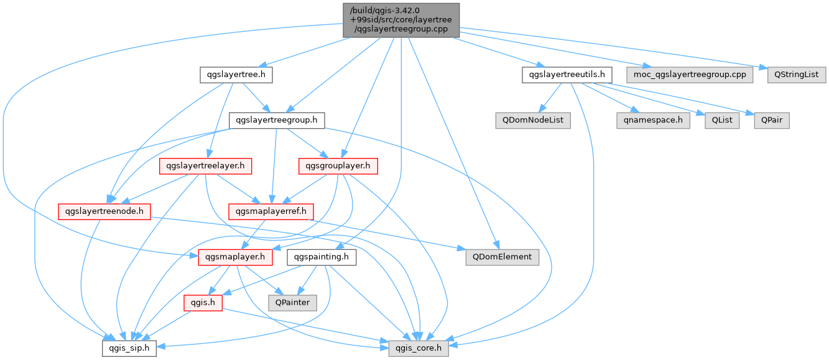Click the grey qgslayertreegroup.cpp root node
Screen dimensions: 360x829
[401, 20]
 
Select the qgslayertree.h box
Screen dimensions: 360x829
[236, 75]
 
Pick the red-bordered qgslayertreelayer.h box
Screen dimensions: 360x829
[205, 166]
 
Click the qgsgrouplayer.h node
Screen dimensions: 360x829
[338, 166]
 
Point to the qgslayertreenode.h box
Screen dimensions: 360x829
[104, 211]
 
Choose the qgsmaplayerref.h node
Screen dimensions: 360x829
[271, 211]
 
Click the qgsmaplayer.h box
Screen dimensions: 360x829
[234, 256]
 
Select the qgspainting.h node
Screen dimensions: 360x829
[322, 256]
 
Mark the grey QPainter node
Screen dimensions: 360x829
[292, 302]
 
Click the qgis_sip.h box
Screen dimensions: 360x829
[129, 348]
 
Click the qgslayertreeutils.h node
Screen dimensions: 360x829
[567, 75]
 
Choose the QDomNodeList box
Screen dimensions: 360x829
[532, 120]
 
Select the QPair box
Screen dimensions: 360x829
[771, 120]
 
